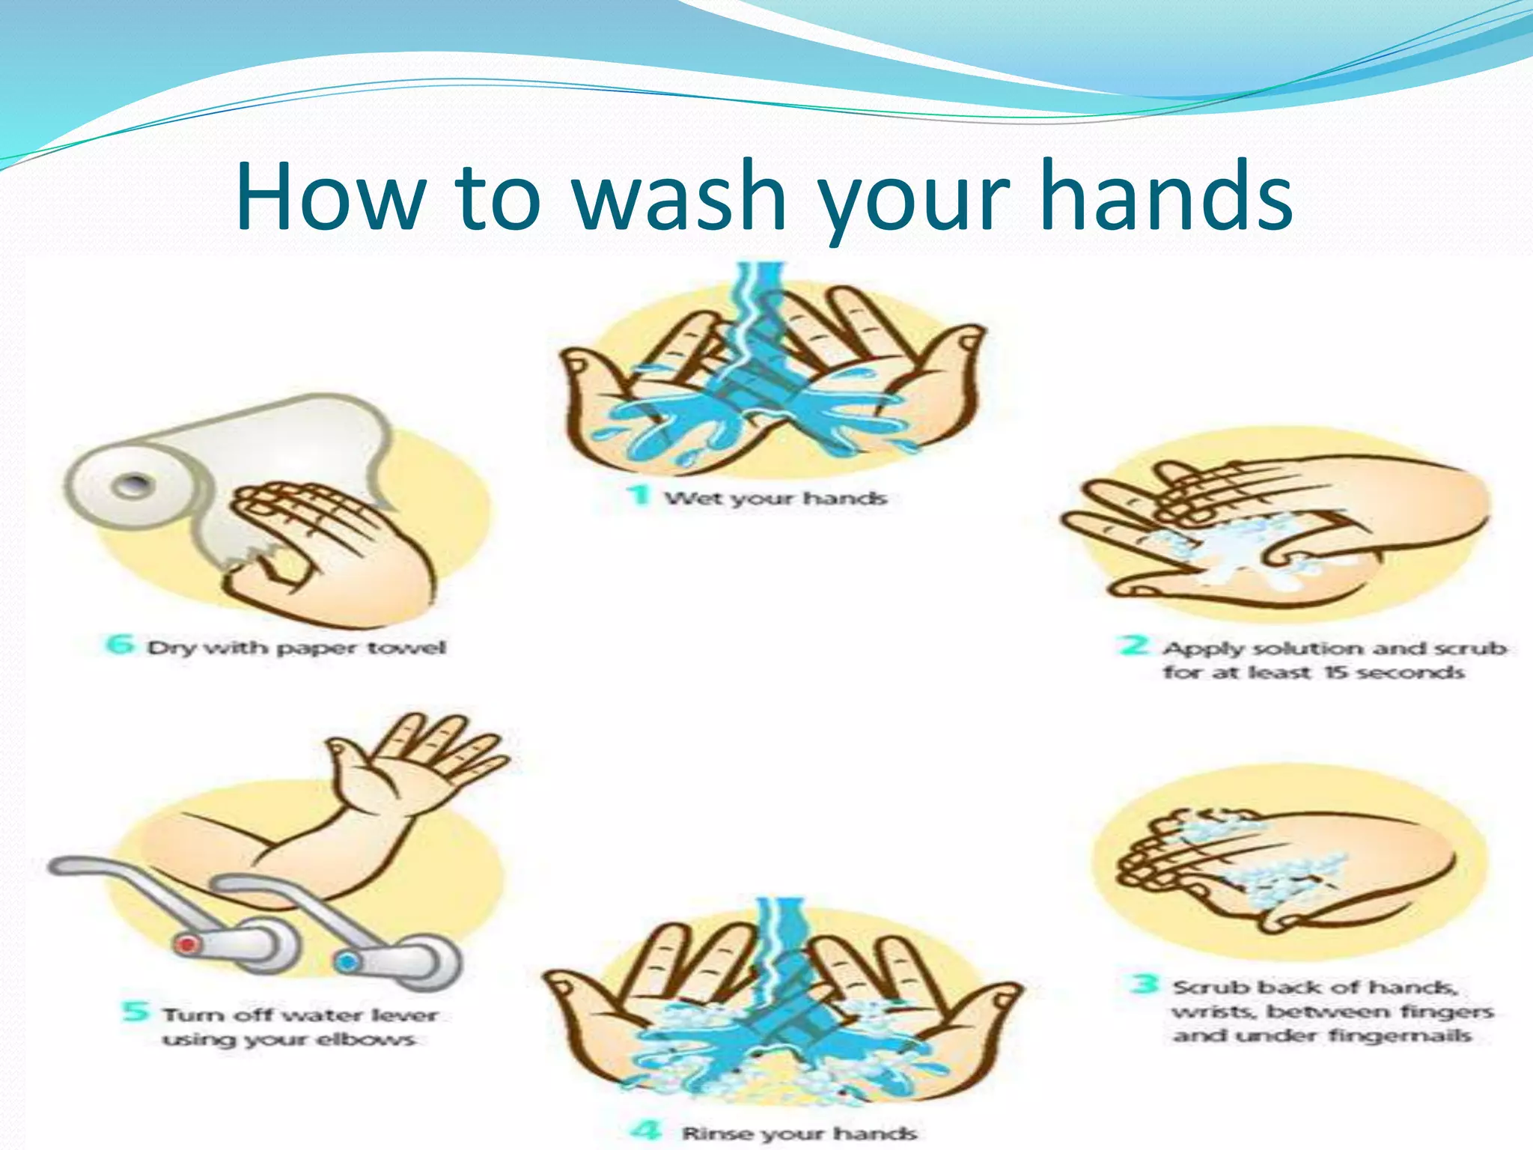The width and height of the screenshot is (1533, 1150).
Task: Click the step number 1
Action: [639, 496]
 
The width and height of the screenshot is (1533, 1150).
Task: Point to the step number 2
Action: [1135, 645]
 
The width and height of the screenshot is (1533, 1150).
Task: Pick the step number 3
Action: [1145, 984]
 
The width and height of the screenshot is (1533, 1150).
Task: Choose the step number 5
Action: [135, 1012]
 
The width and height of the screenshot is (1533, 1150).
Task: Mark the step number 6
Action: [120, 644]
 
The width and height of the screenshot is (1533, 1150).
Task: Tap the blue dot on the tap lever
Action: [346, 961]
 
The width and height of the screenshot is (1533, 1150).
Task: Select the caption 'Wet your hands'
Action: [776, 498]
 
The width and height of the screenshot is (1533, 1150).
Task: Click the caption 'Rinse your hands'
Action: [799, 1133]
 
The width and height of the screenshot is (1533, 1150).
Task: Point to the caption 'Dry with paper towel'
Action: [296, 647]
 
